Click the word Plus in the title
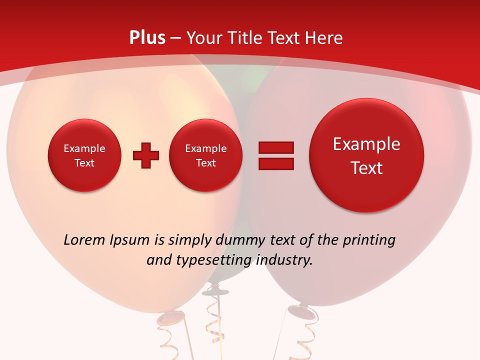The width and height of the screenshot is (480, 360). pyautogui.click(x=147, y=38)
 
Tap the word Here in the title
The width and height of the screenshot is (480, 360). pyautogui.click(x=324, y=38)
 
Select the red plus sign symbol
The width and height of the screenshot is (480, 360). pyautogui.click(x=146, y=155)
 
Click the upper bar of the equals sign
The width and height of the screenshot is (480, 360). pyautogui.click(x=276, y=147)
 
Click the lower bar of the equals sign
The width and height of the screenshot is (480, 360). pyautogui.click(x=276, y=164)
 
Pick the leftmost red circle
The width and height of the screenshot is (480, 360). pyautogui.click(x=84, y=155)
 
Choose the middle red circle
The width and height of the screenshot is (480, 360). pyautogui.click(x=206, y=155)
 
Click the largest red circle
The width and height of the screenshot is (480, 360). pyautogui.click(x=366, y=155)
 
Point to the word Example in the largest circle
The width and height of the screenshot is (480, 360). pyautogui.click(x=366, y=144)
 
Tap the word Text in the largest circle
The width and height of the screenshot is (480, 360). pyautogui.click(x=366, y=168)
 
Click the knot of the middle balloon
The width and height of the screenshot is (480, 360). pyautogui.click(x=215, y=287)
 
